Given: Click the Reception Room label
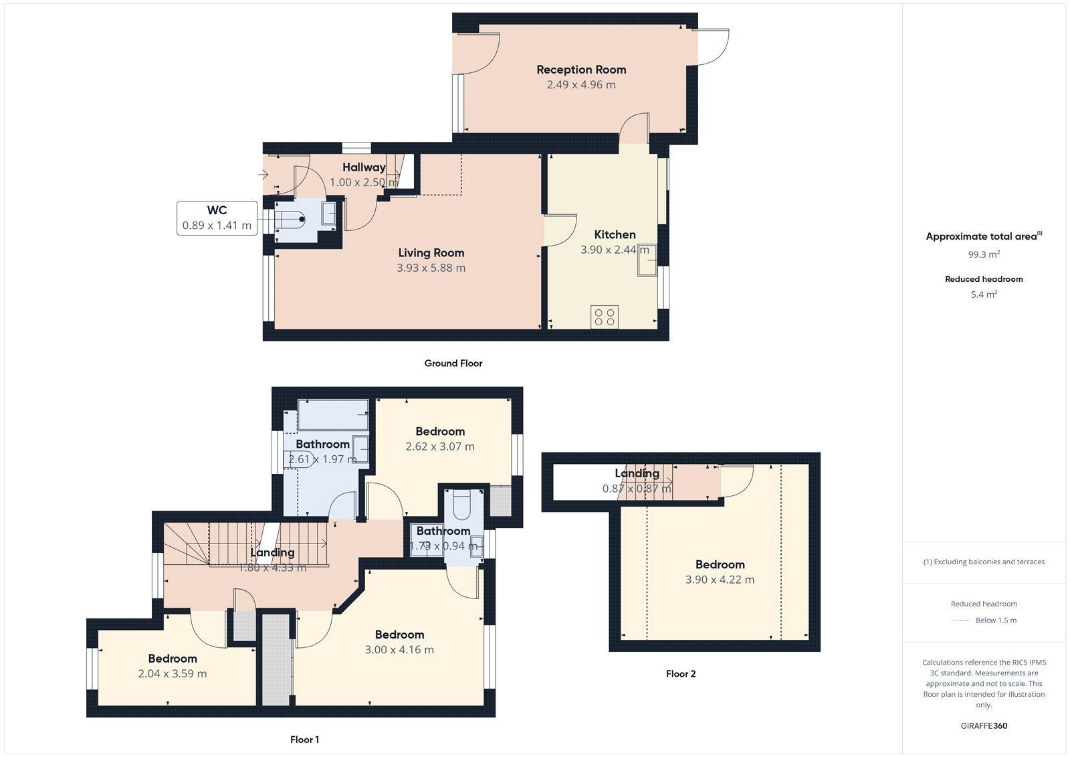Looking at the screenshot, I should [581, 70].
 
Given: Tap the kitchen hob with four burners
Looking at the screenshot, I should [605, 317].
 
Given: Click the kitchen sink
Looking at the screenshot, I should [647, 260].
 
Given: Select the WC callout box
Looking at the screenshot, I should [217, 218].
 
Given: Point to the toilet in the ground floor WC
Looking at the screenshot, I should [292, 219].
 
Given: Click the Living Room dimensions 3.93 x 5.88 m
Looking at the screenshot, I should [431, 268].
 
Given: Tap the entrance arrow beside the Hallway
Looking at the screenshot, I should [263, 175].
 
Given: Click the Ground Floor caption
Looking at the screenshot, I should [453, 363].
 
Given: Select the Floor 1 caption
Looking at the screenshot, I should [304, 740].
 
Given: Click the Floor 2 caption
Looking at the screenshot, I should [680, 674].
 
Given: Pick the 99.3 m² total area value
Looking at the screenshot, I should [984, 254].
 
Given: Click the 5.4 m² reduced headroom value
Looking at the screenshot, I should [984, 295].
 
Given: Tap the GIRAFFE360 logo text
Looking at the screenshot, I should [984, 726].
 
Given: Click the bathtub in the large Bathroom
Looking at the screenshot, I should [332, 415].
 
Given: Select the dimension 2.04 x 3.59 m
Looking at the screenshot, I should [173, 674].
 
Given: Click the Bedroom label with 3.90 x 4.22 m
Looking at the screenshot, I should [720, 565].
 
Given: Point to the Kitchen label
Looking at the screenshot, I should [615, 235].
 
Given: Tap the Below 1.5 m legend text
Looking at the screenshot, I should [996, 620].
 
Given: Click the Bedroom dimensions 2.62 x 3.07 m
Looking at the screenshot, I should [440, 446].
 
